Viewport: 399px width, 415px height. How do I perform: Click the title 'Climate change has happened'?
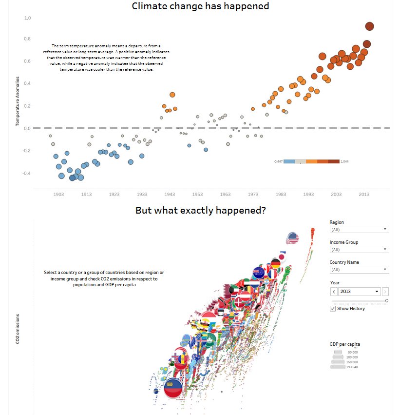tap(200, 6)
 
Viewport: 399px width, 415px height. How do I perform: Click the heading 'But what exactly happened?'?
tap(200, 211)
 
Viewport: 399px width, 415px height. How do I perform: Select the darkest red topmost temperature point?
tap(369, 26)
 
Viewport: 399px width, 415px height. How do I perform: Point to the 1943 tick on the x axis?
tap(170, 194)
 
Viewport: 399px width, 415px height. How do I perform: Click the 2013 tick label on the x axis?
tap(364, 194)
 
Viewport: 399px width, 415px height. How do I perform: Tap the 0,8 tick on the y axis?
tap(28, 39)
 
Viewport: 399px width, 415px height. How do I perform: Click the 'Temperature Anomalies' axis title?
tap(18, 101)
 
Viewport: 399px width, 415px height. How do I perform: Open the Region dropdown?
tap(359, 229)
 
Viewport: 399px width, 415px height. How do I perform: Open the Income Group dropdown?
tap(359, 249)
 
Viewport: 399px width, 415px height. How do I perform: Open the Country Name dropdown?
tap(359, 269)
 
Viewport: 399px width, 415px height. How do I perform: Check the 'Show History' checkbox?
tap(333, 309)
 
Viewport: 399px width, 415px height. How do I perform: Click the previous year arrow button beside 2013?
tap(334, 292)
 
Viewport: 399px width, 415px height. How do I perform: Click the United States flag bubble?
tap(292, 238)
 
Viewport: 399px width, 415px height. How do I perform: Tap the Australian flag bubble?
tap(258, 272)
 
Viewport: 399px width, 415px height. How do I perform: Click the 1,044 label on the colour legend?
tap(344, 161)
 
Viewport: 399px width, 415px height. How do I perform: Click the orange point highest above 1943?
tap(172, 95)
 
